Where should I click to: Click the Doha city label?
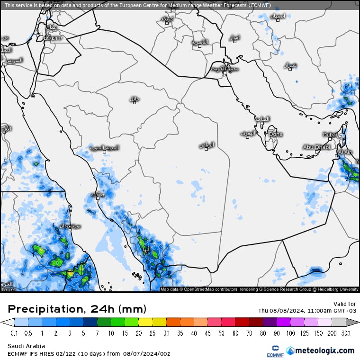pyautogui.click(x=276, y=134)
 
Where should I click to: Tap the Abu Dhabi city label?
pyautogui.click(x=316, y=147)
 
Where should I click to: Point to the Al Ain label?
pyautogui.click(x=345, y=152)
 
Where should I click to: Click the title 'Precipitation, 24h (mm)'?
pyautogui.click(x=77, y=309)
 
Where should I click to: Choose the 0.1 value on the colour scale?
pyautogui.click(x=14, y=333)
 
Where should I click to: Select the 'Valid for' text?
pyautogui.click(x=345, y=304)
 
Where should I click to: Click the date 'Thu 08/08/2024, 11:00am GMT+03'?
pyautogui.click(x=307, y=311)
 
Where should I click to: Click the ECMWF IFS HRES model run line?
pyautogui.click(x=89, y=353)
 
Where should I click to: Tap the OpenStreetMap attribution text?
pyautogui.click(x=260, y=289)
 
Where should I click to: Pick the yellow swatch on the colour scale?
pyautogui.click(x=145, y=322)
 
